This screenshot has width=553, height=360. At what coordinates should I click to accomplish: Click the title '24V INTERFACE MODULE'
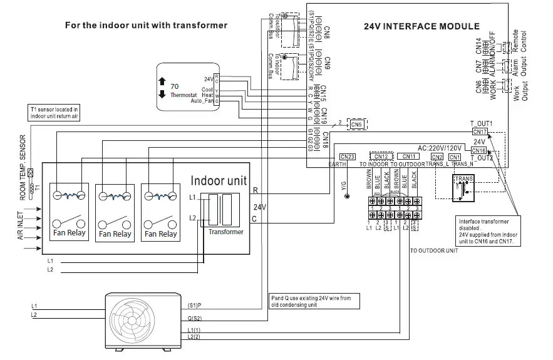tap(421, 27)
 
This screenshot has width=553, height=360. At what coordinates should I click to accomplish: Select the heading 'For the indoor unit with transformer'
tap(147, 25)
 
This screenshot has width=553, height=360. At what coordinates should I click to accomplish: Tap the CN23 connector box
tap(347, 157)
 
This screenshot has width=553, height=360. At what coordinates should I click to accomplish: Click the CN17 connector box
tap(478, 131)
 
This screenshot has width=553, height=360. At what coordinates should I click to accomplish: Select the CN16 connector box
tap(478, 151)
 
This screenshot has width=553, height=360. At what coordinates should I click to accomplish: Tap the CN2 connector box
tap(437, 157)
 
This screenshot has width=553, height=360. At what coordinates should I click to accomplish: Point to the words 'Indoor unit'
tap(219, 181)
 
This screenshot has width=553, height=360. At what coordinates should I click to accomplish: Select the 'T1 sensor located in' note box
tap(54, 112)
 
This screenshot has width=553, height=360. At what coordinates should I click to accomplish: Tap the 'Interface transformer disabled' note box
tap(487, 231)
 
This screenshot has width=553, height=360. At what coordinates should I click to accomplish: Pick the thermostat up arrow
tap(162, 81)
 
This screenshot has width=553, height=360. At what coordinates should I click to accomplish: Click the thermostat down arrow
tap(162, 95)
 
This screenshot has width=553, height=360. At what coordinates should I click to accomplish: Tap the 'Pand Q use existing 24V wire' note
tap(311, 302)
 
